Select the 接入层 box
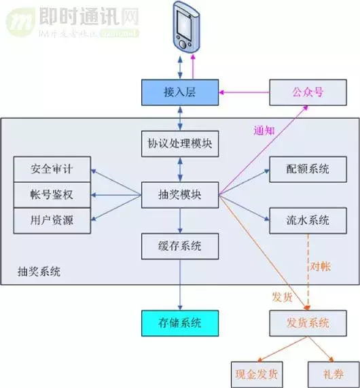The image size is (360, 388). coord(180,92)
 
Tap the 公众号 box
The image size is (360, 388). coord(308,92)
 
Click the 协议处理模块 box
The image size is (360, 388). coord(180,143)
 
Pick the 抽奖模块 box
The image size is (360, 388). coord(180,194)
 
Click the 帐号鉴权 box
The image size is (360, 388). coord(52,195)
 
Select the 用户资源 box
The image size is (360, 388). coord(52,220)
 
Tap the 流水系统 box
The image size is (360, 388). coord(308,220)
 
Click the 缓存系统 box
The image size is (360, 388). coord(180,245)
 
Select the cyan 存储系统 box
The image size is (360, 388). coord(180,323)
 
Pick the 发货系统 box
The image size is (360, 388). coord(308,323)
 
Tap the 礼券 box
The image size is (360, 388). coord(334,374)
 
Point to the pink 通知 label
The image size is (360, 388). coord(264,130)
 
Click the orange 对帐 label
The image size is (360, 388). coord(320,265)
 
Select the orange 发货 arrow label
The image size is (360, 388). coord(283,298)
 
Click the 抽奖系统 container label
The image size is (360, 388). coord(39,272)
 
